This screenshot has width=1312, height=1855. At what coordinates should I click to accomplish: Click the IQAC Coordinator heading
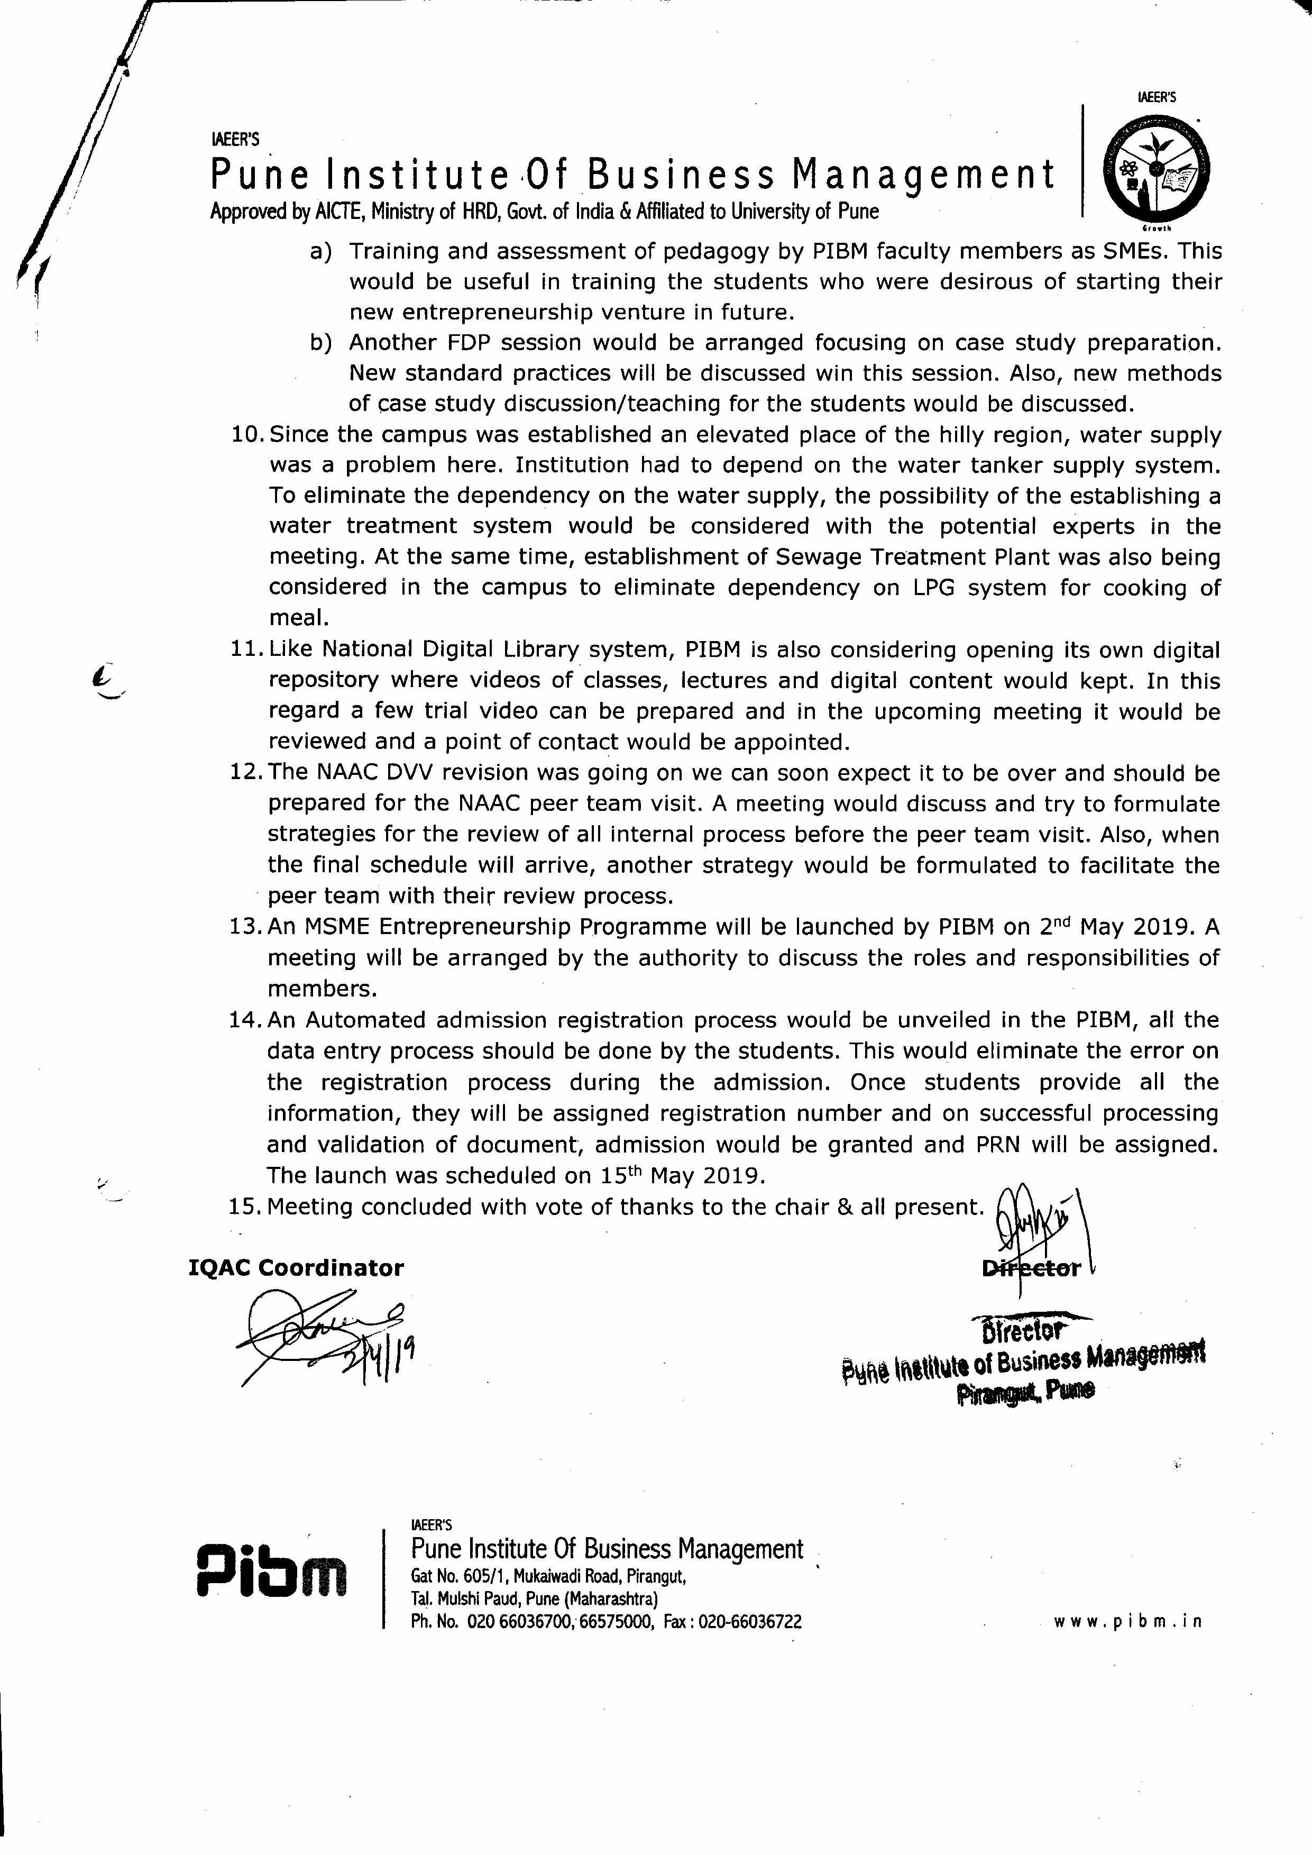[296, 1268]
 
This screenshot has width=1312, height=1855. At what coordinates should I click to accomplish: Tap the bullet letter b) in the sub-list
[321, 343]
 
